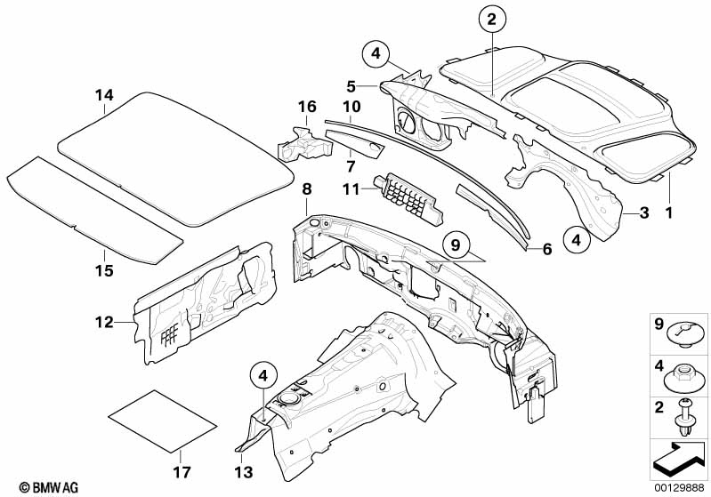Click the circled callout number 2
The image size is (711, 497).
tap(492, 19)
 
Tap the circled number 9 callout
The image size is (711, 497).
tap(456, 245)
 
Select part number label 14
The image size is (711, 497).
tap(104, 95)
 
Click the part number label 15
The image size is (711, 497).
tap(104, 270)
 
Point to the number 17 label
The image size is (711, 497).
tap(182, 472)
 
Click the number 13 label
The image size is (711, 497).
tap(244, 472)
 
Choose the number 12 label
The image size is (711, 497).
tap(104, 322)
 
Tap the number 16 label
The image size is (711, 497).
tap(307, 107)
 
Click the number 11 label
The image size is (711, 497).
tap(351, 188)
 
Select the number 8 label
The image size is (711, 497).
tap(307, 188)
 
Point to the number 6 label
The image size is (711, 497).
tap(547, 249)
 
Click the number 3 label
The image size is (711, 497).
tap(644, 212)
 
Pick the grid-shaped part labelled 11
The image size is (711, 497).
tap(408, 200)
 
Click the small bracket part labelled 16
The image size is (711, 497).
tap(303, 145)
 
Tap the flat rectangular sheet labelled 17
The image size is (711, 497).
tap(163, 421)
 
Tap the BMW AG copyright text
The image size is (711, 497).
tap(49, 487)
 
